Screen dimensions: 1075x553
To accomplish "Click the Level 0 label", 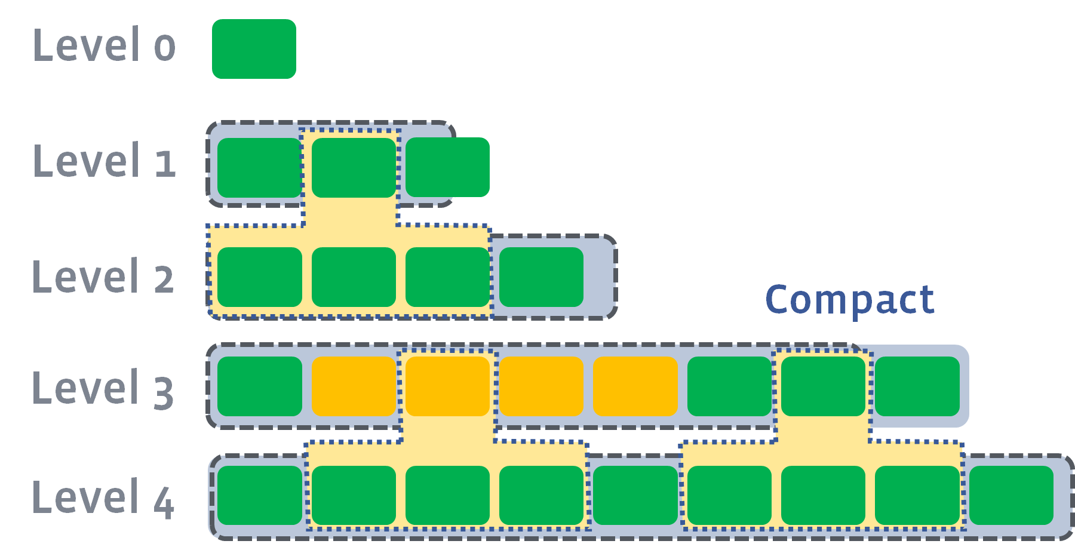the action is click(x=104, y=45).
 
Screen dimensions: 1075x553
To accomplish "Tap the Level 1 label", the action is click(x=104, y=161).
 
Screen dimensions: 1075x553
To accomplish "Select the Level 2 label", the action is click(x=103, y=277).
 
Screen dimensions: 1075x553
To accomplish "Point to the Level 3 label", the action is click(x=103, y=389).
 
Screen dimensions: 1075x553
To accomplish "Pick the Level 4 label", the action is click(x=103, y=498).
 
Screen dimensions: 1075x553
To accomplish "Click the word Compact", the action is click(x=849, y=300).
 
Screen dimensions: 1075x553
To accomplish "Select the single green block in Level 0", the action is click(x=254, y=49).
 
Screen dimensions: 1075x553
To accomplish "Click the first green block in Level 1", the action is click(x=259, y=168).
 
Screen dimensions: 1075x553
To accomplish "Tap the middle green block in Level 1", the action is click(x=354, y=168).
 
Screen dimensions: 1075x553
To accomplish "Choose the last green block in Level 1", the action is click(x=447, y=167).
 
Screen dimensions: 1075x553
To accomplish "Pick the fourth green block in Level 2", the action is click(x=541, y=277).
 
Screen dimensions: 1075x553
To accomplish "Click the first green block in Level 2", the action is click(x=259, y=277).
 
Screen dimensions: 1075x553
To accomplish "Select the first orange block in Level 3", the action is click(x=354, y=386).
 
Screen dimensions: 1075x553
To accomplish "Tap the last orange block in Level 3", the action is click(x=635, y=386).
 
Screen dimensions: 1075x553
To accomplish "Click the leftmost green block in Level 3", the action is click(x=259, y=386).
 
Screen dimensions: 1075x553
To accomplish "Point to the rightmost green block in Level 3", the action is click(x=917, y=386).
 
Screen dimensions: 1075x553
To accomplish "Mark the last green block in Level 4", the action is click(x=1011, y=496).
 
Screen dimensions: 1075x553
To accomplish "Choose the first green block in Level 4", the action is click(x=259, y=496).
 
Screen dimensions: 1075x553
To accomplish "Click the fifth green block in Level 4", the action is click(x=635, y=496).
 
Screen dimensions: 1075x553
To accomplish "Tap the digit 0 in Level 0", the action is click(x=165, y=48).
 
